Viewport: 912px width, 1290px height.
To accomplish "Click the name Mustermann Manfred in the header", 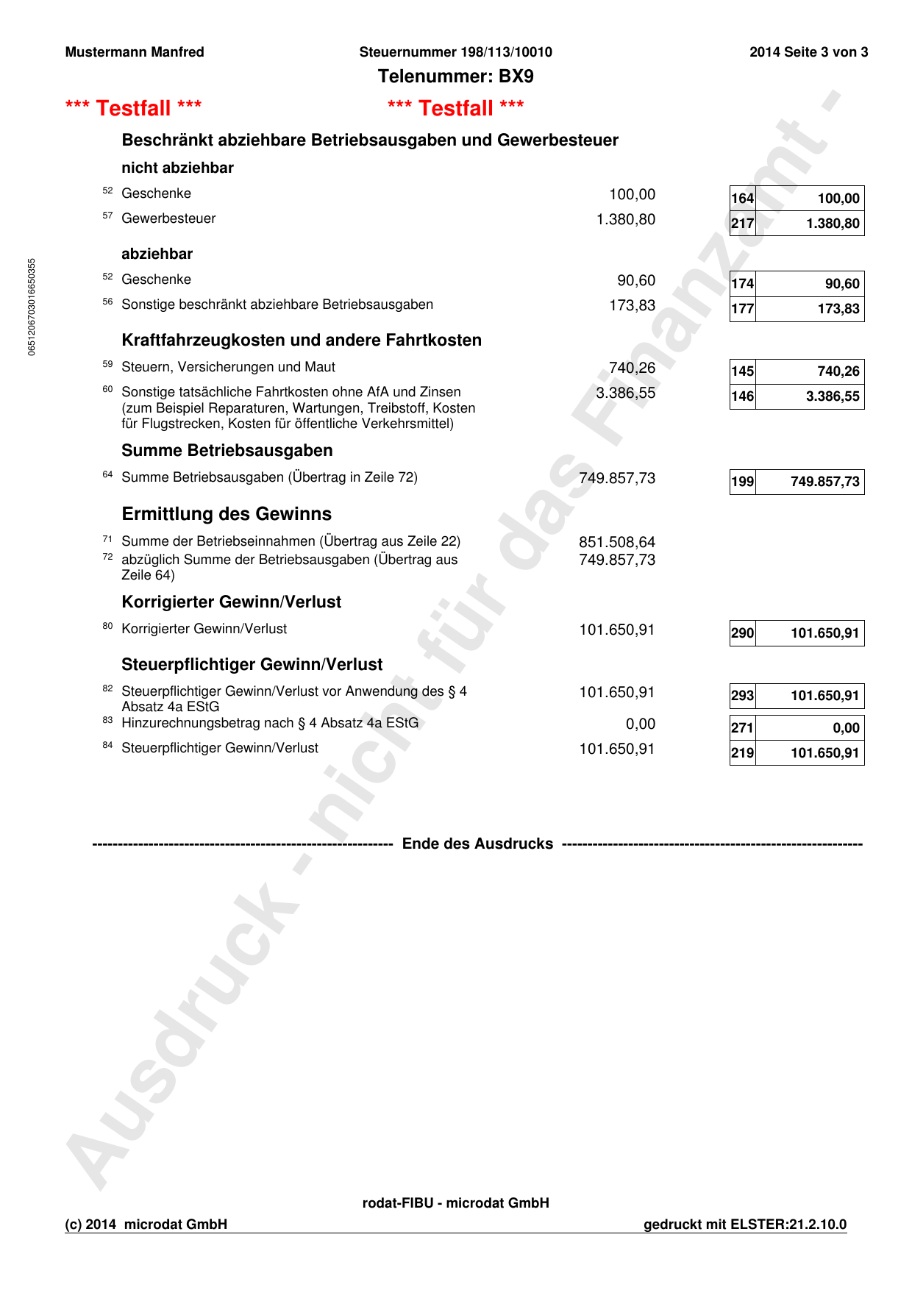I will click(x=135, y=52).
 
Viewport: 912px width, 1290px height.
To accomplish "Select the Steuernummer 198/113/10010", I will click(x=455, y=52).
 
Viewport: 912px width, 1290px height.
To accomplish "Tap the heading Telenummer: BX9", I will click(x=455, y=76).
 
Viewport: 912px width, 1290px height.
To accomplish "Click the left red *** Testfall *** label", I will click(x=133, y=108).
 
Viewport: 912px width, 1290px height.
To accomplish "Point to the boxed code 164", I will click(x=742, y=199).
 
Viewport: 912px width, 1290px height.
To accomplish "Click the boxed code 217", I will click(x=742, y=224).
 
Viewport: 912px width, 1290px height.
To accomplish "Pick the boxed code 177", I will click(x=742, y=309).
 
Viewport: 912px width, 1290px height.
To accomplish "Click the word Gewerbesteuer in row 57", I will click(x=168, y=218).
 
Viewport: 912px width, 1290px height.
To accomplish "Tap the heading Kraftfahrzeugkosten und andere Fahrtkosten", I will click(x=302, y=340).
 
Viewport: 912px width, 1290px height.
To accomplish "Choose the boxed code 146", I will click(x=742, y=396).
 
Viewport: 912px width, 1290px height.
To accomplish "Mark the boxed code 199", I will click(x=742, y=482).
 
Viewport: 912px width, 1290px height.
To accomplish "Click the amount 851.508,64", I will click(x=616, y=542).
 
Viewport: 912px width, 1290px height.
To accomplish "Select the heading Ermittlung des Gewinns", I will click(x=227, y=513).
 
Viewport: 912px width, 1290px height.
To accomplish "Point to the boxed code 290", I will click(x=742, y=633).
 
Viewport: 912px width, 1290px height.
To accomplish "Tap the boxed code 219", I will click(x=742, y=753).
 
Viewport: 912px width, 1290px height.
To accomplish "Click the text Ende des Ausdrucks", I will click(x=477, y=844).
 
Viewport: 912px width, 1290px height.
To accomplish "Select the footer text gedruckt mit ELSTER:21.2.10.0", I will click(x=744, y=1225).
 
